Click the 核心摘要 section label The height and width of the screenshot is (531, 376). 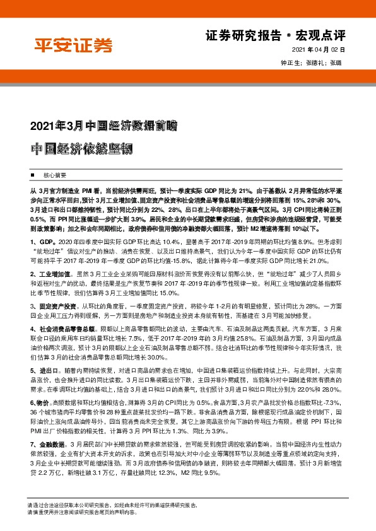pyautogui.click(x=55, y=174)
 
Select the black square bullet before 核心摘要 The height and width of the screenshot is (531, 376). pyautogui.click(x=33, y=174)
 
